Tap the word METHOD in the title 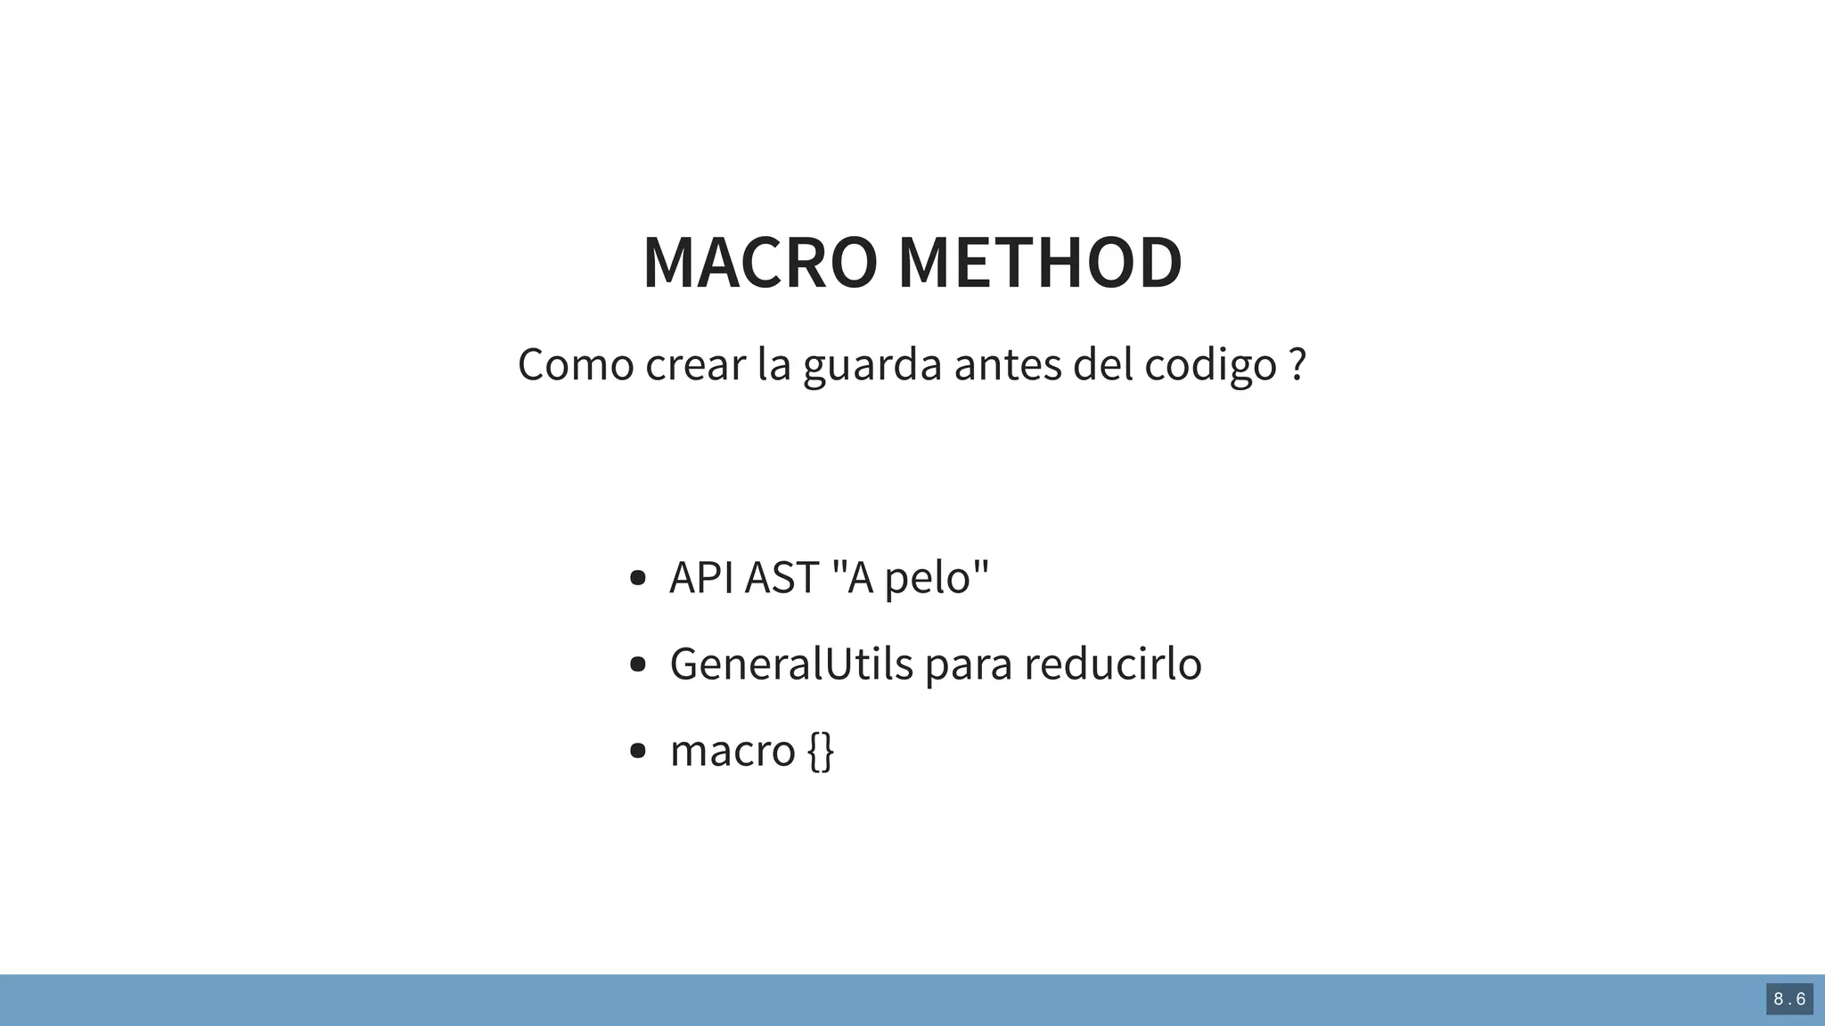click(x=1039, y=263)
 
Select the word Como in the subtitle click(x=575, y=364)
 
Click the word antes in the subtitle click(x=1007, y=364)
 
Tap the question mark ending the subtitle click(x=1297, y=364)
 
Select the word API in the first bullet click(x=701, y=577)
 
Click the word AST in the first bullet click(x=782, y=577)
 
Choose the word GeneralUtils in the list click(x=791, y=664)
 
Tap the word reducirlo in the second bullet click(x=1112, y=664)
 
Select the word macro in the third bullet click(x=732, y=751)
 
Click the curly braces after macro click(x=821, y=751)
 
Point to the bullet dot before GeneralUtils click(x=637, y=664)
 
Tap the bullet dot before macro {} click(x=637, y=751)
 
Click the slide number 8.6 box click(x=1789, y=999)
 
